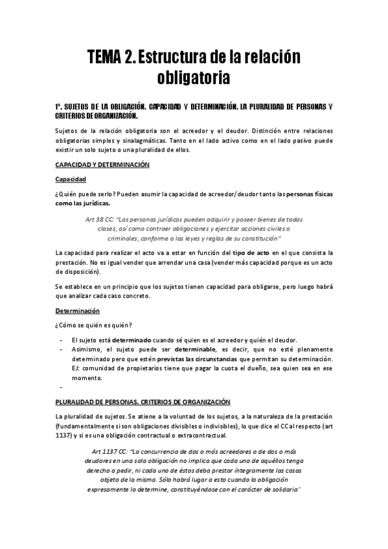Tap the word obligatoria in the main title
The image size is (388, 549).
[194, 79]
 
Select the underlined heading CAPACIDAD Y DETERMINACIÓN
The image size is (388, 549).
[102, 164]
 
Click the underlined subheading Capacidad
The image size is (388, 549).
[71, 179]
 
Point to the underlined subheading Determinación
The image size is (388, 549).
[77, 311]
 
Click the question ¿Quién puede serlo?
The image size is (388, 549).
[84, 194]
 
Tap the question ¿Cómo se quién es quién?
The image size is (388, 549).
[94, 325]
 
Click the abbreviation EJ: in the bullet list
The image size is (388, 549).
[76, 368]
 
